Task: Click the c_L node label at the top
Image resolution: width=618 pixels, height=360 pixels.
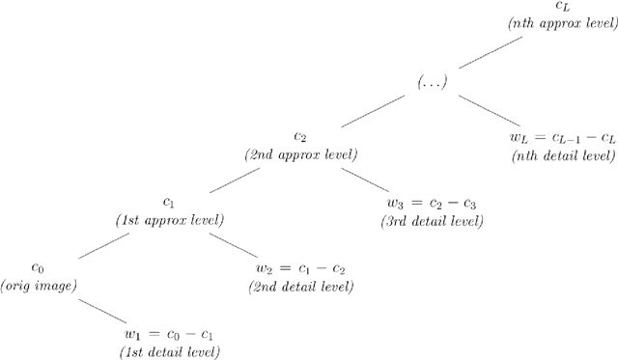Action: point(563,7)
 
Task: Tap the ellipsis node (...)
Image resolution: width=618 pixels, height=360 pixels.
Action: point(432,84)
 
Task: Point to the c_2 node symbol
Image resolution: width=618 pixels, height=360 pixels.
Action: point(300,138)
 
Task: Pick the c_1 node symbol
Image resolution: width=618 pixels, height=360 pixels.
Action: point(169,204)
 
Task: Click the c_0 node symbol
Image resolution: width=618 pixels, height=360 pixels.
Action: point(38,268)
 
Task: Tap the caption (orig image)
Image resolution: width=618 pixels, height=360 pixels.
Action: point(38,286)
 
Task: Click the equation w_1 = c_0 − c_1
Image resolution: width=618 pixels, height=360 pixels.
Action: point(169,335)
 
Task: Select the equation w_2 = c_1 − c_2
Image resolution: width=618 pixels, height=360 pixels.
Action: point(300,269)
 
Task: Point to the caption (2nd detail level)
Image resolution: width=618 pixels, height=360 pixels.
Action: point(300,287)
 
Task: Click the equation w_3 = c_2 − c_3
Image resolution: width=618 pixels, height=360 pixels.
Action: point(432,204)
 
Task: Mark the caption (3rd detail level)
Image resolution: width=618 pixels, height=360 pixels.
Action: point(432,221)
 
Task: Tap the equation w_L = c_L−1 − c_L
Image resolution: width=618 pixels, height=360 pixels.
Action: point(563,138)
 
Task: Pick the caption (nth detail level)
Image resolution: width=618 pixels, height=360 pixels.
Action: point(563,154)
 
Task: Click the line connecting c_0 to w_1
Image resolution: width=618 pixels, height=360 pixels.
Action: point(103,311)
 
